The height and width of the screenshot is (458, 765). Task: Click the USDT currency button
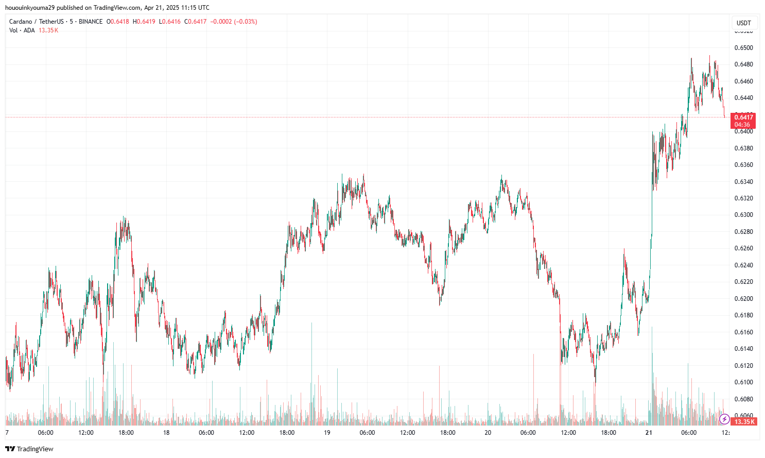point(743,23)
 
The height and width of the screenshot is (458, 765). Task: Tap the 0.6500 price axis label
point(743,48)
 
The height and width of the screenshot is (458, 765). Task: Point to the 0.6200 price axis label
point(743,299)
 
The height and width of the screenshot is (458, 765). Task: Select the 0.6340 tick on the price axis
point(743,182)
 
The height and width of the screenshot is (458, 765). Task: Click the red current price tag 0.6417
point(743,117)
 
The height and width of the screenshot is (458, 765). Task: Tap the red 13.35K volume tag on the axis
point(744,422)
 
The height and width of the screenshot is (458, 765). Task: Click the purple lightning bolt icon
point(724,419)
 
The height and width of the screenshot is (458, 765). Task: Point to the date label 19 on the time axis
point(327,433)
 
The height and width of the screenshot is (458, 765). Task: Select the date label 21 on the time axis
point(649,433)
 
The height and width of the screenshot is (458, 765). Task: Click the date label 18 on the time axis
point(166,433)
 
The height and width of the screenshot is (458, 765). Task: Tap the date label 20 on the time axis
point(488,433)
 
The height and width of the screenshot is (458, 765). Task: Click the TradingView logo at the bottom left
point(29,449)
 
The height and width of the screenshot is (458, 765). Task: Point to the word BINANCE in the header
point(91,22)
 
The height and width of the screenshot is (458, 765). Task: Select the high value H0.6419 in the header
point(144,22)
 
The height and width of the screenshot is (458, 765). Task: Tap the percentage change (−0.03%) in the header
point(246,22)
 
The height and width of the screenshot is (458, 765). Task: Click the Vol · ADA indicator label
point(22,30)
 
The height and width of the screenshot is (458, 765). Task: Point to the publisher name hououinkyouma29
point(30,8)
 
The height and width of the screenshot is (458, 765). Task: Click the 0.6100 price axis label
point(743,382)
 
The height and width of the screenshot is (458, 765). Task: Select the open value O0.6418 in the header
point(118,22)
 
